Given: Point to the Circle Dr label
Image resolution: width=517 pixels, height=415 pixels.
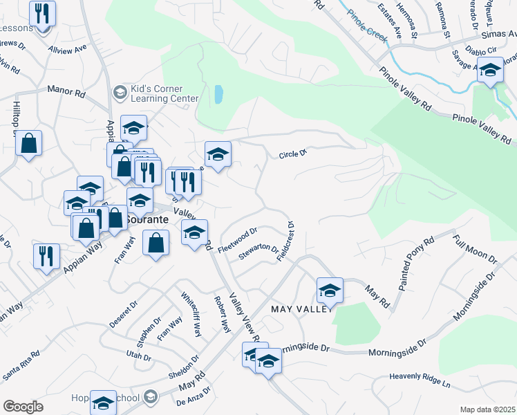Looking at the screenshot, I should (x=292, y=154).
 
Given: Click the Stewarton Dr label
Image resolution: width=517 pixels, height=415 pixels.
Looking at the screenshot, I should (x=258, y=252).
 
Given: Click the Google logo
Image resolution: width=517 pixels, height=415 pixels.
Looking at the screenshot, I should (x=22, y=407).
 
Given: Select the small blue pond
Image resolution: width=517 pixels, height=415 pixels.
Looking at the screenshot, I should (x=218, y=94).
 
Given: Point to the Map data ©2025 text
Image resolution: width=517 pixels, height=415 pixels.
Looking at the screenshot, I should (x=487, y=409).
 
